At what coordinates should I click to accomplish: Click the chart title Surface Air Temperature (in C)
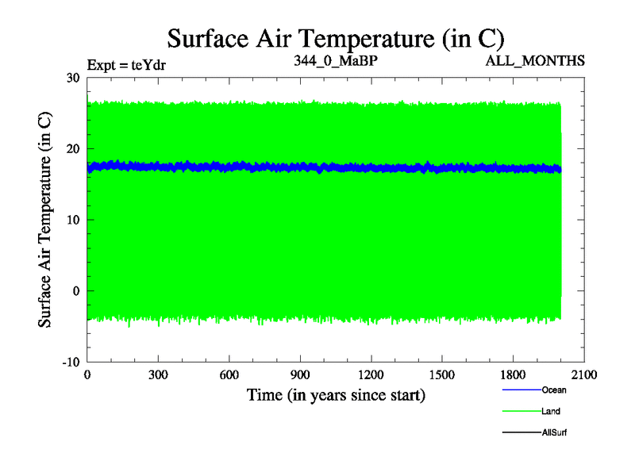point(335,37)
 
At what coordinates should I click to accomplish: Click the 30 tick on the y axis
point(72,78)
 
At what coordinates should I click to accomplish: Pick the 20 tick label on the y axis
point(72,148)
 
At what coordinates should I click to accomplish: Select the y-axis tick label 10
point(72,220)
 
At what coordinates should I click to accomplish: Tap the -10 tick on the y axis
point(70,362)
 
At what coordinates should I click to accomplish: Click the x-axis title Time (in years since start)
point(336,394)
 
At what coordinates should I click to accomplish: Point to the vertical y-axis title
point(46,220)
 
